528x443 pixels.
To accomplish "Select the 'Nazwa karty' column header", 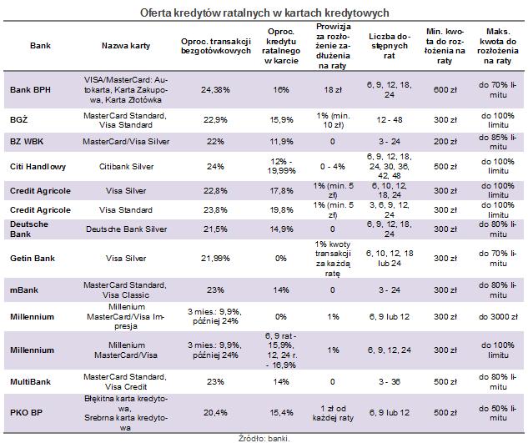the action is (126, 46).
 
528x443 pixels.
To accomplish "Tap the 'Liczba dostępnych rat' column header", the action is (390, 46).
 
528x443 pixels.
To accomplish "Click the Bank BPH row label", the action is (30, 90).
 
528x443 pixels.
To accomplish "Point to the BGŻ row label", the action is (18, 119).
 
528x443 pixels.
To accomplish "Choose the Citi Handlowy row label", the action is (38, 166).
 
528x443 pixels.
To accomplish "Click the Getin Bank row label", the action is (33, 259).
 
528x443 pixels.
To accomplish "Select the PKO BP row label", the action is (26, 413).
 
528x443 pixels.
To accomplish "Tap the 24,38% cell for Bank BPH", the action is (215, 90).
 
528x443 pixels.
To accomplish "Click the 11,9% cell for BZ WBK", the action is (281, 142).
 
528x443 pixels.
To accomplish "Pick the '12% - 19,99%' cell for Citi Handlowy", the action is (281, 166).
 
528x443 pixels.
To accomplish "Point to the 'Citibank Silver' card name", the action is (126, 166).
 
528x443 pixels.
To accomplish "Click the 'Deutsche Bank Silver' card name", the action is (126, 229).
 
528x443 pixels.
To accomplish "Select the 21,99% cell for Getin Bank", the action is (215, 259).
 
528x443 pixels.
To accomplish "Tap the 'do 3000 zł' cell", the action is (498, 317).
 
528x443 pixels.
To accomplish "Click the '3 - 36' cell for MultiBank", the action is (390, 382).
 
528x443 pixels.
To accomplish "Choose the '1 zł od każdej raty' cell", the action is (333, 413).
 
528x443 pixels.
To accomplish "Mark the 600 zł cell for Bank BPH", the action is (445, 90).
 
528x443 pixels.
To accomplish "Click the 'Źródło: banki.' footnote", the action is (264, 439).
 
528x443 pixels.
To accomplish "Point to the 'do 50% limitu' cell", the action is (498, 413).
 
